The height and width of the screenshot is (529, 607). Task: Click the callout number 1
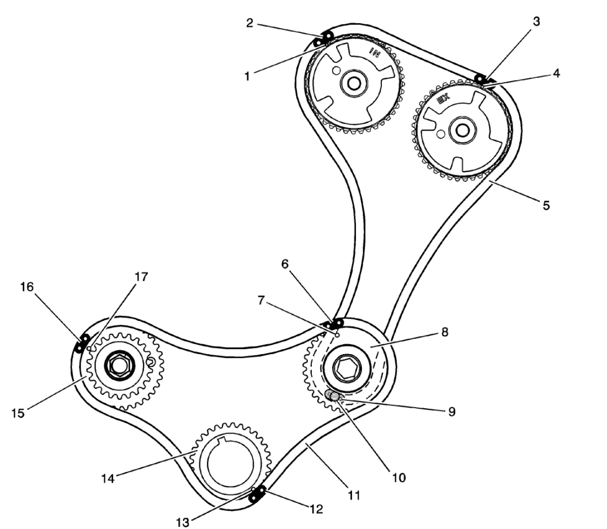248,74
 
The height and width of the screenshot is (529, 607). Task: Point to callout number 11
354,495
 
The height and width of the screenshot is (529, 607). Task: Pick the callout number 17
141,277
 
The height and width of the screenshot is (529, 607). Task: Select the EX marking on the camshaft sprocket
443,100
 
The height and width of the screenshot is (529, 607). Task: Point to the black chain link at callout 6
335,323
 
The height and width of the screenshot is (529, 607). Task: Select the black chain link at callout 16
82,344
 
